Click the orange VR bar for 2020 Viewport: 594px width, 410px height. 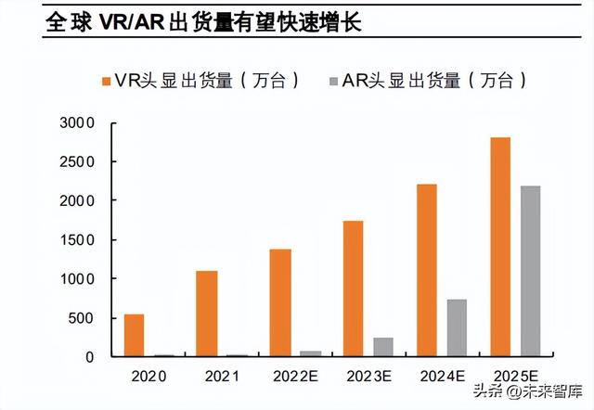135,335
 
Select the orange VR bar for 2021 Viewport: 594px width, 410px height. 206,314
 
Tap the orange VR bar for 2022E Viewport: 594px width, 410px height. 279,302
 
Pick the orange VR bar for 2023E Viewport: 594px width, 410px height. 353,288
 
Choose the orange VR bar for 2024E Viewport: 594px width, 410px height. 426,270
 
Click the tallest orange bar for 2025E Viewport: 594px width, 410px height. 499,247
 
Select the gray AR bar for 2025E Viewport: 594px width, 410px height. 530,271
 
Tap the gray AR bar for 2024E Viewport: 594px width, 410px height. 457,327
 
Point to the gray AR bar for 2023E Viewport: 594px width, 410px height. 383,347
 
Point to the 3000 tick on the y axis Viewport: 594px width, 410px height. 77,122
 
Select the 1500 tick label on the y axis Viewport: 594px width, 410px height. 77,239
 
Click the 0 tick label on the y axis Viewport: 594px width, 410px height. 90,357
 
